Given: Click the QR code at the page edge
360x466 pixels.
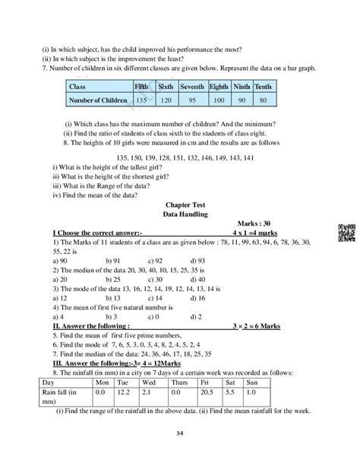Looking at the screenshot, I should coord(343,235).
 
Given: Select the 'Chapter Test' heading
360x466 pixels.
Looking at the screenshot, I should coord(179,204).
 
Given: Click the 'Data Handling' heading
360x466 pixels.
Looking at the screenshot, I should coord(179,214).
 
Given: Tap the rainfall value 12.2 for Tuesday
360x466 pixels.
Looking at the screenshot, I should coord(125,392).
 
